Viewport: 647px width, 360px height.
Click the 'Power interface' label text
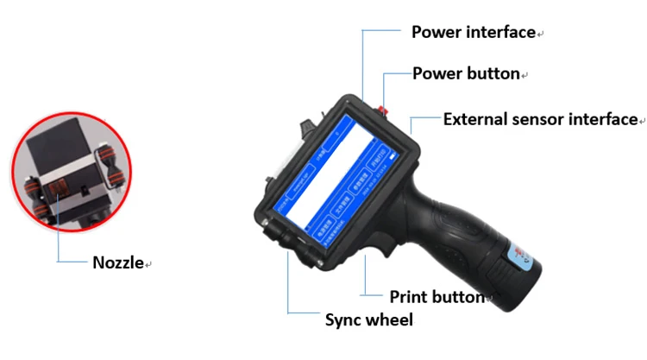[x=473, y=33]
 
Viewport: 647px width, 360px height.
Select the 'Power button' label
[x=466, y=73]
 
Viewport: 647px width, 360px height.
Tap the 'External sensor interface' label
[x=540, y=119]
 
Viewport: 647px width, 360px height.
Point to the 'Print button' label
[x=437, y=297]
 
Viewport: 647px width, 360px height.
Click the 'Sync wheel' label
[x=368, y=320]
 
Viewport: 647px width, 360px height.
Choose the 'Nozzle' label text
[x=118, y=262]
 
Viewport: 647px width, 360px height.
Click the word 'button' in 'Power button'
[x=491, y=73]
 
